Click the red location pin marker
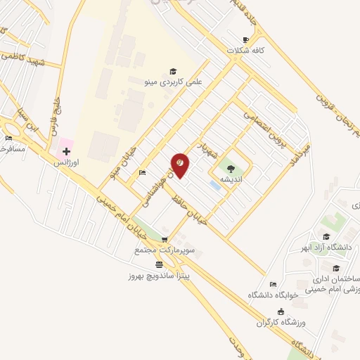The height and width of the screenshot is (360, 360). (180, 165)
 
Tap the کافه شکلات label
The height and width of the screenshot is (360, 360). (244, 51)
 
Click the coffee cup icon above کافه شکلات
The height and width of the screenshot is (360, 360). (245, 39)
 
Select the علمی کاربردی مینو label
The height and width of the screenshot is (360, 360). (173, 82)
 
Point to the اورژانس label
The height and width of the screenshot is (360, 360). (67, 162)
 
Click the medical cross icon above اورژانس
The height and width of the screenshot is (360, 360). (67, 151)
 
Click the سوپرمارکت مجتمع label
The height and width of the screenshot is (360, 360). (165, 250)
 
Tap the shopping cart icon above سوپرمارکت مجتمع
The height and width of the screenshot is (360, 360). (165, 240)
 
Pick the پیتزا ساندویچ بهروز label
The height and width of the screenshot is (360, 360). (160, 276)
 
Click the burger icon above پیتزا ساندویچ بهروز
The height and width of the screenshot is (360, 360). (160, 265)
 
